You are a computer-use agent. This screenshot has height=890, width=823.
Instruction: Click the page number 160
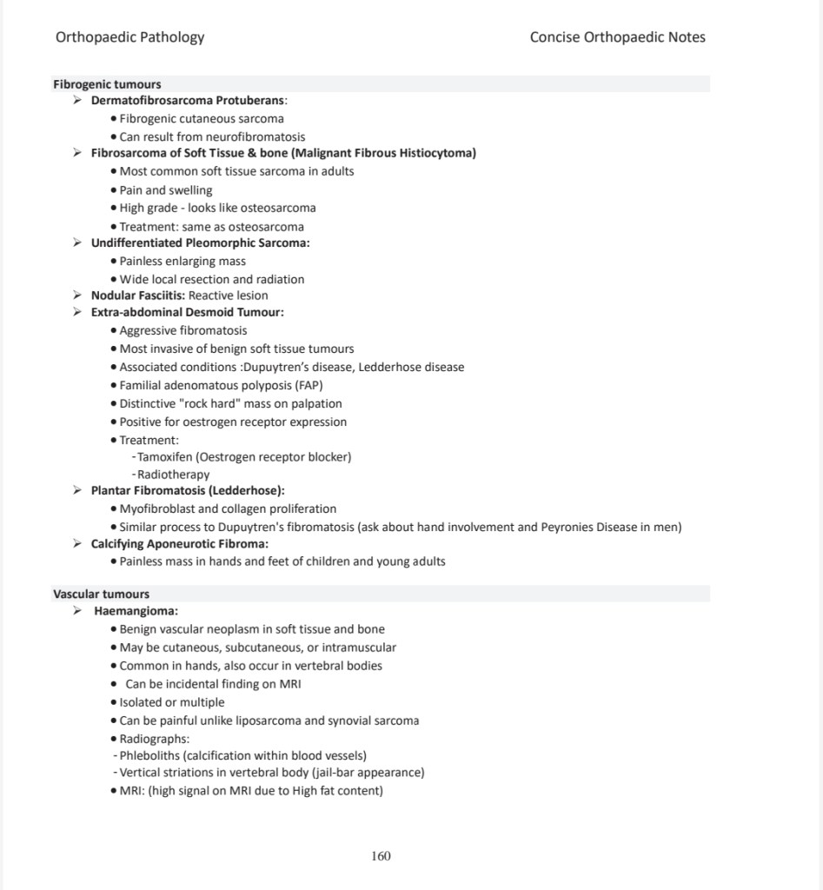[381, 856]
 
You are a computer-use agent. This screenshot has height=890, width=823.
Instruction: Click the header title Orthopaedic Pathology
[130, 37]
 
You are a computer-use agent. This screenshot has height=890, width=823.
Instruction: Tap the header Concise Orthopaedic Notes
[617, 37]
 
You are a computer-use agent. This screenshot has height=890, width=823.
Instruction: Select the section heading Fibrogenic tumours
[107, 84]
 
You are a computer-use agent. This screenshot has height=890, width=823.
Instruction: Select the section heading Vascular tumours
[101, 594]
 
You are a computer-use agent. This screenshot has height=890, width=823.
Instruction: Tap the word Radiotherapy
[173, 475]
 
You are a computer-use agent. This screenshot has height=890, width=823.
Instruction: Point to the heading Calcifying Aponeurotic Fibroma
[179, 544]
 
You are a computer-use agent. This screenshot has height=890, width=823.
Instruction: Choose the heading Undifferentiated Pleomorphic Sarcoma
[200, 243]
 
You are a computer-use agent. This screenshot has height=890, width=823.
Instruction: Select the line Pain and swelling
[166, 190]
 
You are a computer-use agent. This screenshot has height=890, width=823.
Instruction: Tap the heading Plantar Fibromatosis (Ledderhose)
[188, 491]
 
